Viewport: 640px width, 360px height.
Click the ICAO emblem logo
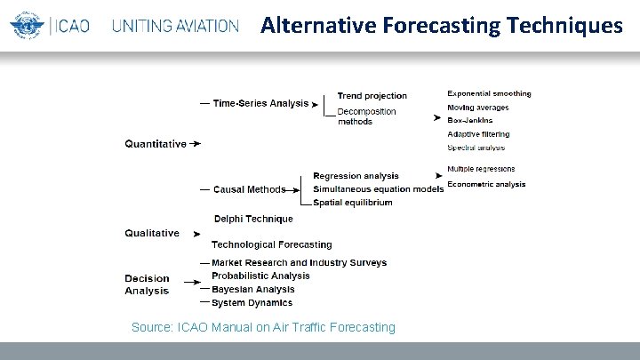(25, 26)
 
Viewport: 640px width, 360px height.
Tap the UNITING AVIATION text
(175, 26)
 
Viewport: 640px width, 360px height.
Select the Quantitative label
(156, 143)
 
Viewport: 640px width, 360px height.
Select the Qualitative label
(152, 233)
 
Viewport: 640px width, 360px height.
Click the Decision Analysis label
(147, 284)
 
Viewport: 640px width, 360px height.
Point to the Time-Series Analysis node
(261, 103)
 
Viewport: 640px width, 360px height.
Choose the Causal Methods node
(250, 189)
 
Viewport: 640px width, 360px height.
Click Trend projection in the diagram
(372, 96)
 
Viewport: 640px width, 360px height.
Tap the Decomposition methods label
(366, 116)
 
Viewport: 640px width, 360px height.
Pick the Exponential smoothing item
(489, 93)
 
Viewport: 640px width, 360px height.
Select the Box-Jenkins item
(470, 120)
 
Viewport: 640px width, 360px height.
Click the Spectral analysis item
(476, 148)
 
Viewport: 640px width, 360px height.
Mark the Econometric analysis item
(486, 185)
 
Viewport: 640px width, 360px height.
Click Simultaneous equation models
(379, 189)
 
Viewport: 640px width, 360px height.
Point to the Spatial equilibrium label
(353, 203)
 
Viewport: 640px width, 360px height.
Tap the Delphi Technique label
(253, 219)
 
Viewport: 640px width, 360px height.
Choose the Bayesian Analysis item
(253, 290)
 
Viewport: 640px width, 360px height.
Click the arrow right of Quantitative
(196, 143)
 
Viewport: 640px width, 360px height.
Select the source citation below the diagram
(263, 327)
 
